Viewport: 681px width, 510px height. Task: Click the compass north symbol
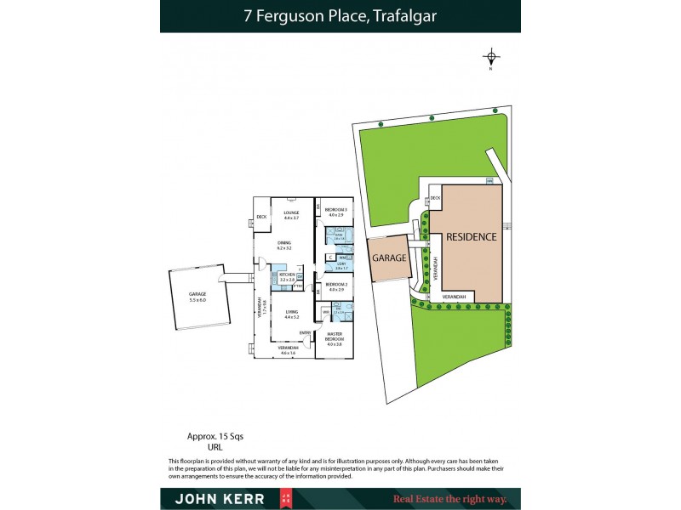(491, 59)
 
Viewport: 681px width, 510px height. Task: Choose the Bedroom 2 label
(335, 285)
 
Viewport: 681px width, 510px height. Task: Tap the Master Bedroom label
(335, 337)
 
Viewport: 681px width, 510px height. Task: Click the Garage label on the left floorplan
(197, 295)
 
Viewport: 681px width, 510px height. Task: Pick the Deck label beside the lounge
(261, 224)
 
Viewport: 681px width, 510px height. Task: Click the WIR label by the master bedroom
(326, 314)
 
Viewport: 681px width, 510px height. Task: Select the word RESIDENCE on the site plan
(471, 237)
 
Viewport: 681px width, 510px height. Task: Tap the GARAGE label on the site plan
(389, 258)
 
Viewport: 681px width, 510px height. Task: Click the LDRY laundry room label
(340, 266)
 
